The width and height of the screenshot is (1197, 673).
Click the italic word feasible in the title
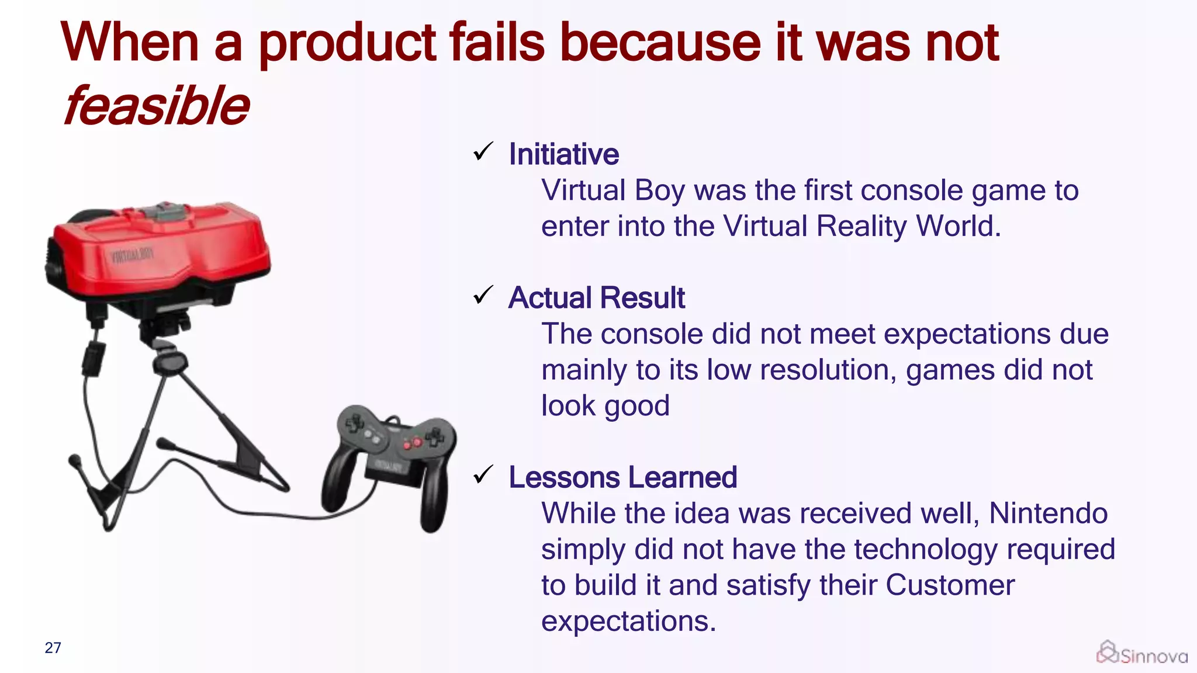[156, 106]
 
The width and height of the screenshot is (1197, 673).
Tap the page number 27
[53, 648]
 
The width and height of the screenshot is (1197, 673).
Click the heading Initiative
[563, 154]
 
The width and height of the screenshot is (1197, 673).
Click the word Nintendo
[1048, 514]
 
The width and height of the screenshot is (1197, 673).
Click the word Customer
[950, 585]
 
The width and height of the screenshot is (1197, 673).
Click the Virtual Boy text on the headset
[132, 256]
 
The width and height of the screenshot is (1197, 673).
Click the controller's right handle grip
[434, 497]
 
